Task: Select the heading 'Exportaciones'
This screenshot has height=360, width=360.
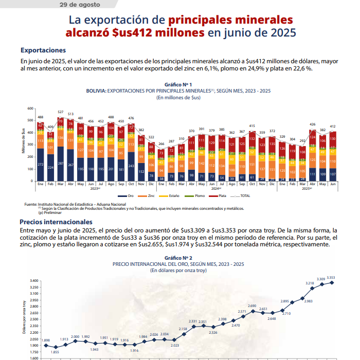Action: (x=43, y=50)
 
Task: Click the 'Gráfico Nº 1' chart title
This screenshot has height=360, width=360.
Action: (x=178, y=84)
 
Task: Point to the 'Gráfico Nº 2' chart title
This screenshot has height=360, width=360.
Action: (x=178, y=258)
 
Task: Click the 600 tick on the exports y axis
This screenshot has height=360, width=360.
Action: (x=30, y=108)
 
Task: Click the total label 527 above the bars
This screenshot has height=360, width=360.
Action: (x=60, y=112)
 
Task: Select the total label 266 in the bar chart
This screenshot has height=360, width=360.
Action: (x=160, y=143)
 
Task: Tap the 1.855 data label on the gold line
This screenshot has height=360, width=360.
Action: (x=55, y=352)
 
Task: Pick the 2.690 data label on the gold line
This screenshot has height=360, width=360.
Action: (x=252, y=306)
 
